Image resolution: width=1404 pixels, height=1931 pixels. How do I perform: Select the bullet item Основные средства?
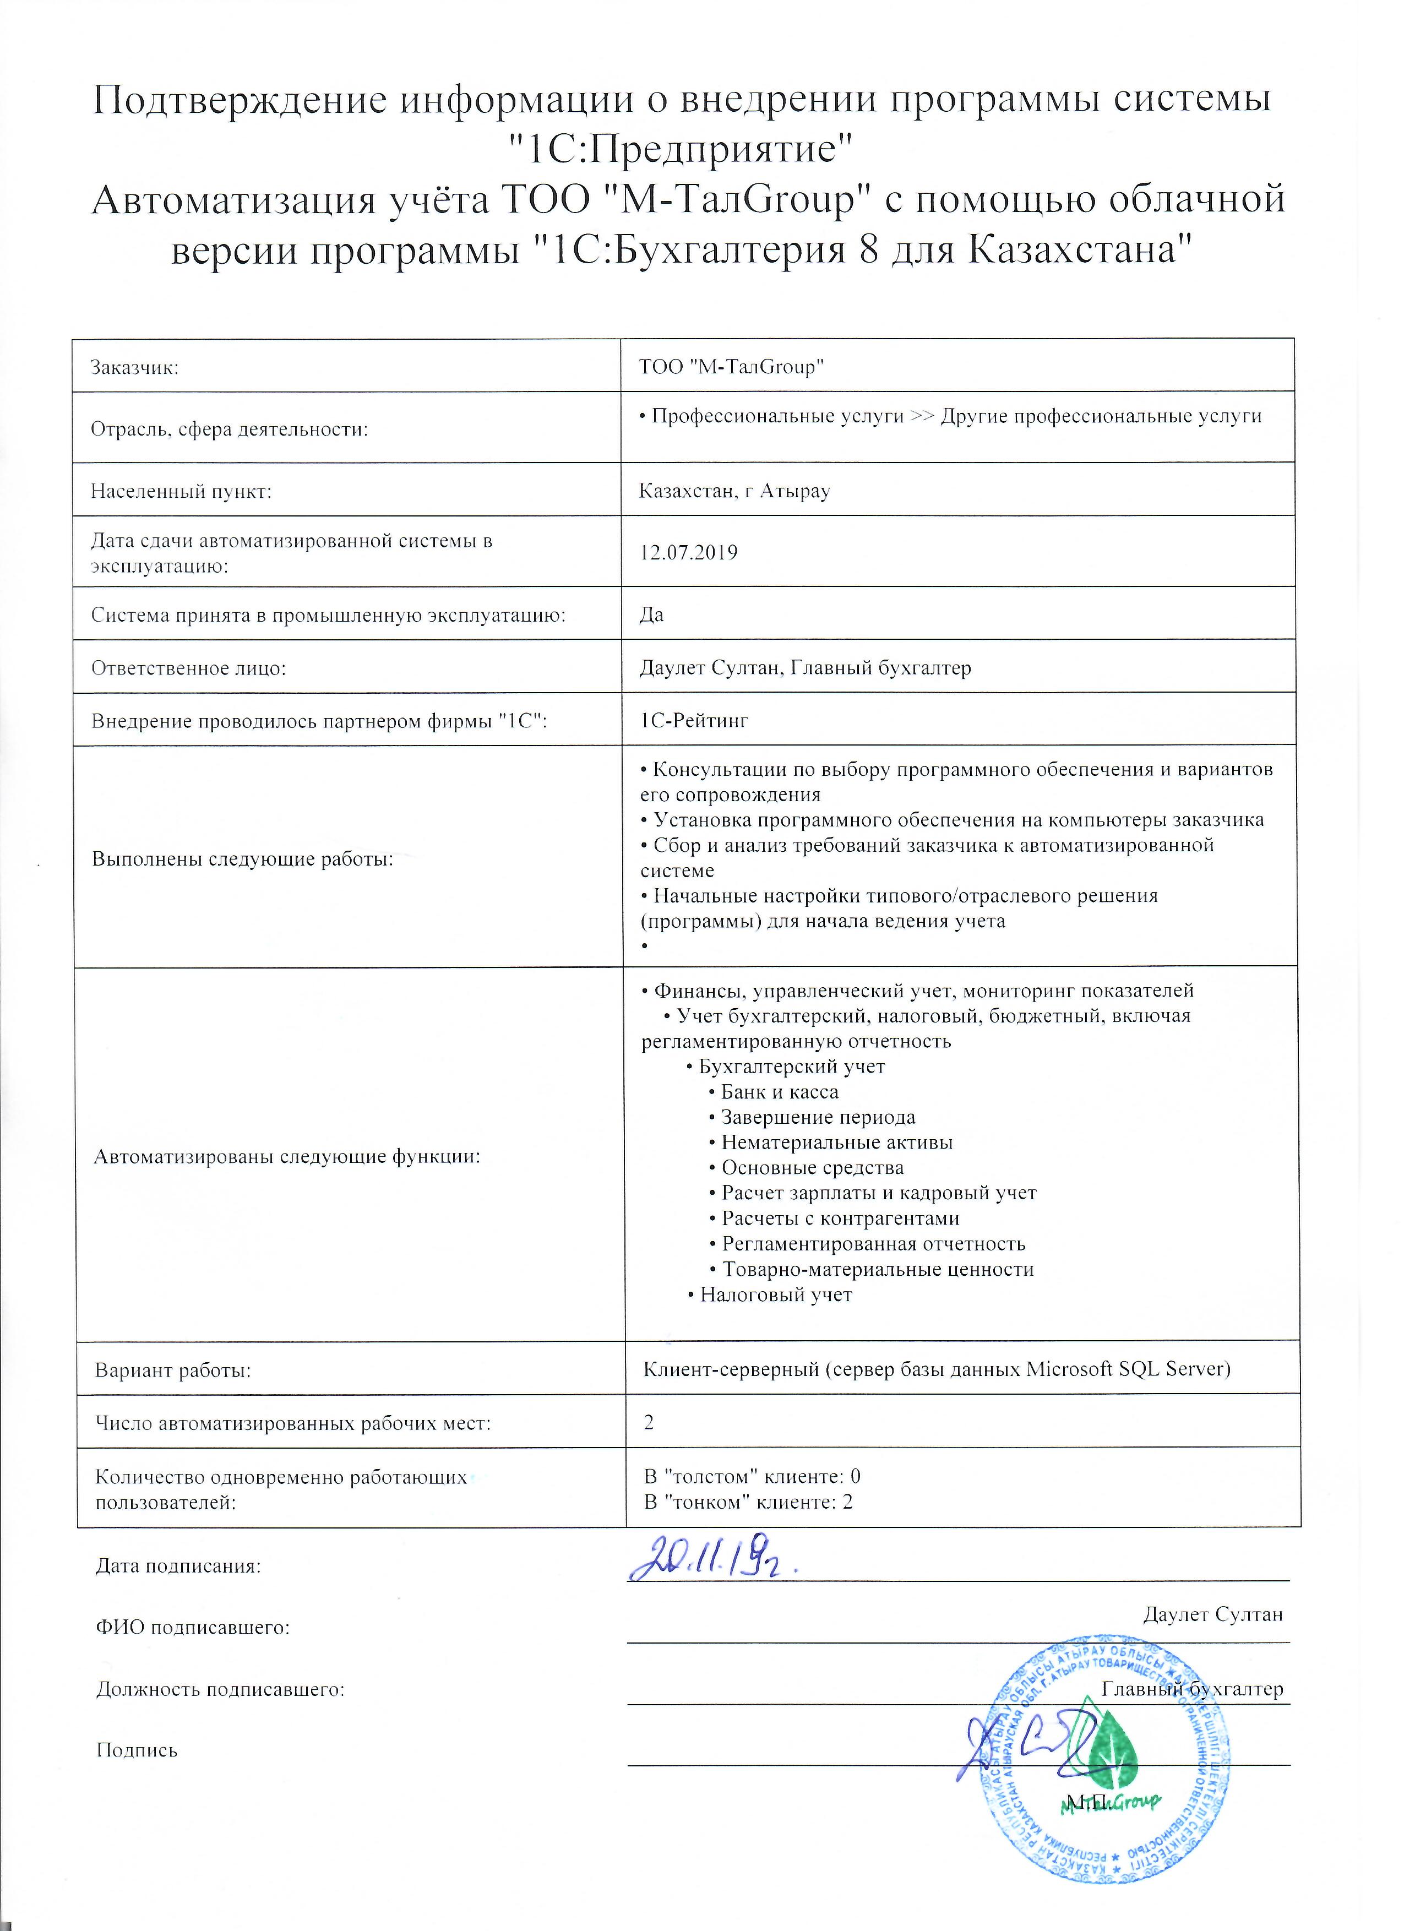tap(812, 1168)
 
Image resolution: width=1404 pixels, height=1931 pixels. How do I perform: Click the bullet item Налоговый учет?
tap(775, 1295)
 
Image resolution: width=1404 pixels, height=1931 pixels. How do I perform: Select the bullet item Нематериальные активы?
tap(836, 1143)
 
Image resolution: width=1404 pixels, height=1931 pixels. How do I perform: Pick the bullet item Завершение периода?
tap(818, 1117)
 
